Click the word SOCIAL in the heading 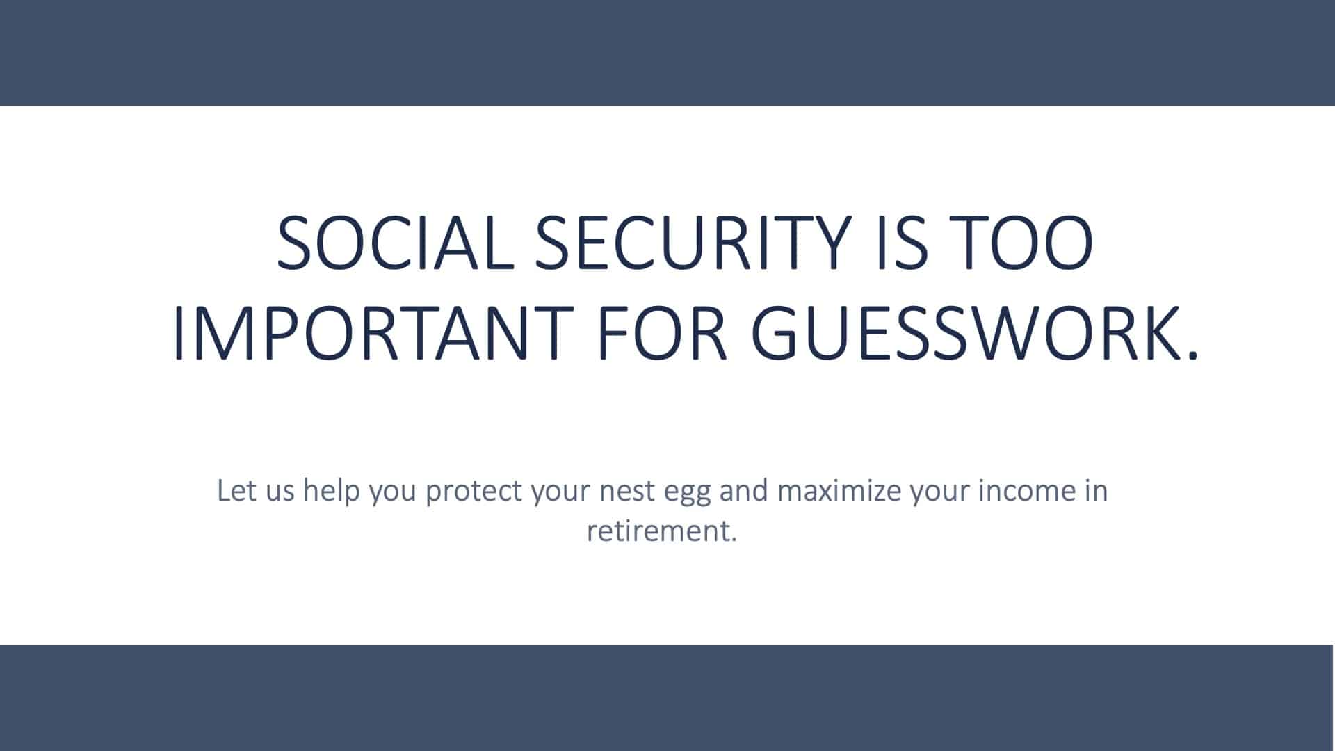pyautogui.click(x=395, y=243)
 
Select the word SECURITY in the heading pyautogui.click(x=692, y=243)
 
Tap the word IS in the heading pyautogui.click(x=903, y=243)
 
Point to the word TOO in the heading pyautogui.click(x=1021, y=243)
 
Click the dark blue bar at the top pyautogui.click(x=667, y=53)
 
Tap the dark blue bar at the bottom pyautogui.click(x=667, y=697)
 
